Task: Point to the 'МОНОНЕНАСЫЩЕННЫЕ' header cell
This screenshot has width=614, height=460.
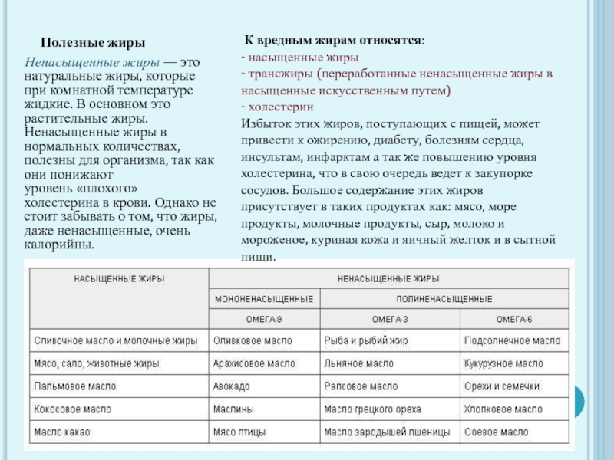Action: [x=263, y=298]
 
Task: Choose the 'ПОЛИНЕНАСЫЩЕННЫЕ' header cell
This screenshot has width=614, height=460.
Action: [x=444, y=298]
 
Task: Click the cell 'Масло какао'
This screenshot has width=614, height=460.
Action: [x=62, y=432]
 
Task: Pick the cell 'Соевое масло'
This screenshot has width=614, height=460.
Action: [x=497, y=432]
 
